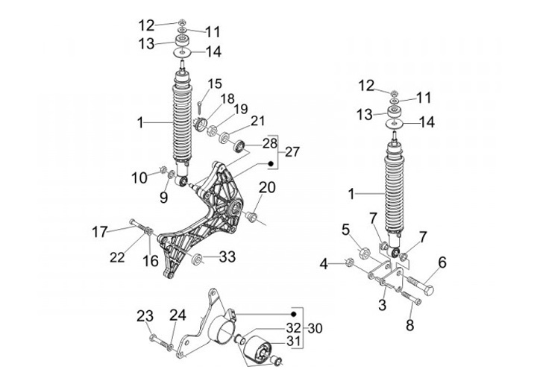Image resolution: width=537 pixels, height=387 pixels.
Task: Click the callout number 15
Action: click(x=215, y=83)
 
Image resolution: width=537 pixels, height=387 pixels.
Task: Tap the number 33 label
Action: click(x=227, y=257)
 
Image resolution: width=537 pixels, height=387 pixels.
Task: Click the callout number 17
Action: click(x=121, y=230)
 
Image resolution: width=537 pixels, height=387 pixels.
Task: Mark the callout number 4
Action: click(x=324, y=263)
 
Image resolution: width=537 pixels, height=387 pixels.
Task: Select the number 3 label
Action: click(x=380, y=304)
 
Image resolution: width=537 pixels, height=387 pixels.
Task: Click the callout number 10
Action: click(x=139, y=177)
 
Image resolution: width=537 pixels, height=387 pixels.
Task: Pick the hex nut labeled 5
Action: click(x=368, y=251)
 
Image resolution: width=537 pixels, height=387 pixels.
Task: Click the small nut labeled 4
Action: click(x=348, y=262)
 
